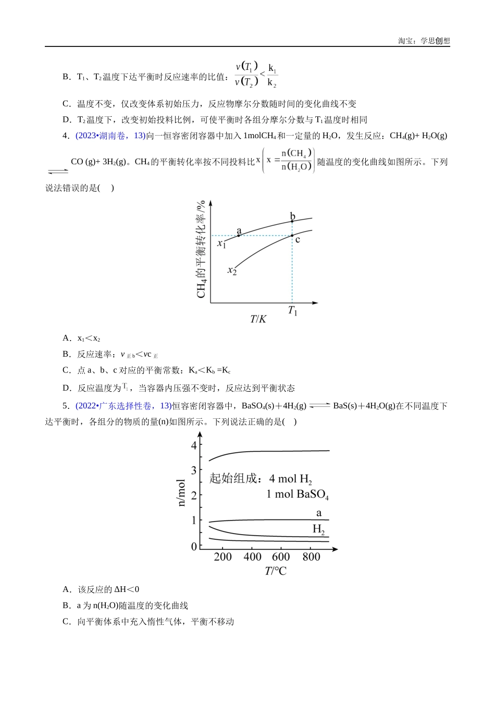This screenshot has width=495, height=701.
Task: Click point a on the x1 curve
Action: [x=239, y=236]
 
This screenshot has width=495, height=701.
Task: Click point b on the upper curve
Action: [x=292, y=221]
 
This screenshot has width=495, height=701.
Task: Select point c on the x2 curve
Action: [x=292, y=236]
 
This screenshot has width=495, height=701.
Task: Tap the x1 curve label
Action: [x=222, y=243]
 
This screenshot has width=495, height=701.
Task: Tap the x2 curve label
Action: [x=232, y=270]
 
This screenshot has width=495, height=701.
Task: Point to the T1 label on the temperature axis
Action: [x=293, y=311]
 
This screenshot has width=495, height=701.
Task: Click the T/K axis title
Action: [x=258, y=319]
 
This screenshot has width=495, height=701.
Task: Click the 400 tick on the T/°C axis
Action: [x=253, y=557]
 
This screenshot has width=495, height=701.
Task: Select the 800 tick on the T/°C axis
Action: [x=312, y=557]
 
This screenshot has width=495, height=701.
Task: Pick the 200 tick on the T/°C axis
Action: [x=223, y=557]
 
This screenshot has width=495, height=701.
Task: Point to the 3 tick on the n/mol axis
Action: [x=194, y=470]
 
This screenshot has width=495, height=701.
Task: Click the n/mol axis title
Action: [x=181, y=492]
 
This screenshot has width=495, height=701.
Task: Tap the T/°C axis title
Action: [x=276, y=571]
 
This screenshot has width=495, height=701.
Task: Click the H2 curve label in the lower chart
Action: [x=319, y=529]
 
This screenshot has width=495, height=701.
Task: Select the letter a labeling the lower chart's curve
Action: [x=319, y=513]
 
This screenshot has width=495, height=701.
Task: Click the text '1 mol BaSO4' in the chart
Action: [x=298, y=494]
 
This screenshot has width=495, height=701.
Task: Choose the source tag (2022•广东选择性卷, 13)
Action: [x=123, y=406]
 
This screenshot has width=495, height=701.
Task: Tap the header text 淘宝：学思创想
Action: [x=424, y=41]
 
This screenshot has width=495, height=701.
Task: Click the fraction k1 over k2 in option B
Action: [x=272, y=76]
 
